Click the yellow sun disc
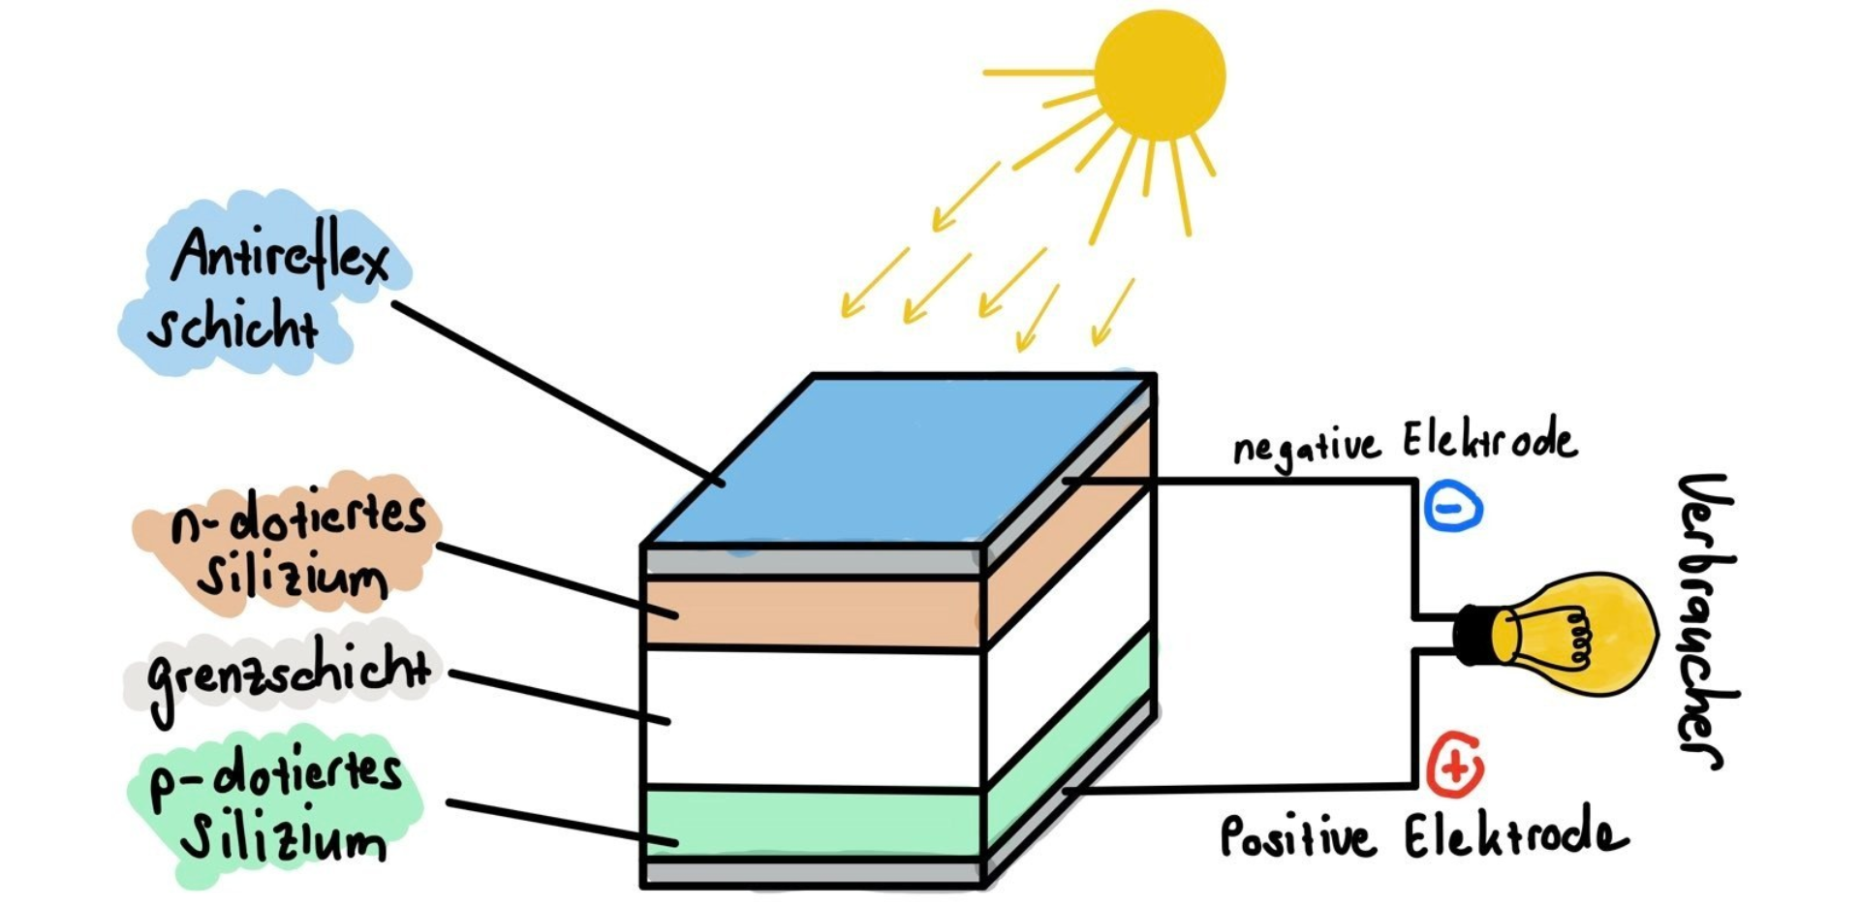(1160, 75)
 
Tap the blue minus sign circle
(1453, 507)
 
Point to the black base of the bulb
(1474, 635)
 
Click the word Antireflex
(281, 257)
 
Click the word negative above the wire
(1305, 448)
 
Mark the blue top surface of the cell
(901, 460)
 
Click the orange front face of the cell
(814, 612)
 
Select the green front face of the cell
(814, 824)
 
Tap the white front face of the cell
(814, 717)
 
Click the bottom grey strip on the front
(814, 872)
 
